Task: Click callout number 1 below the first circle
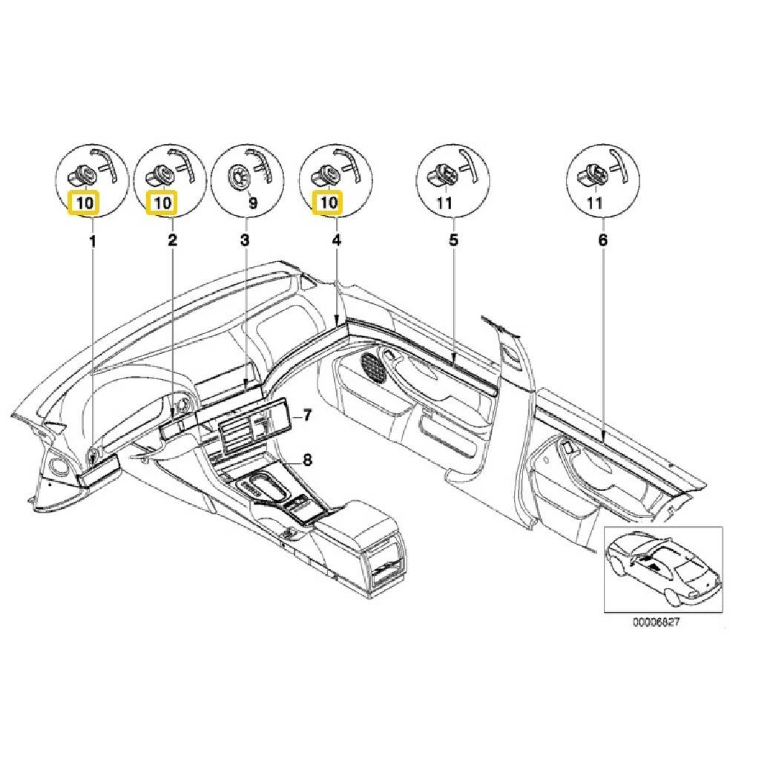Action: pyautogui.click(x=92, y=241)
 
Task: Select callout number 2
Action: pyautogui.click(x=172, y=240)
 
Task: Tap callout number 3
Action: pyautogui.click(x=245, y=240)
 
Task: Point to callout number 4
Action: pyautogui.click(x=337, y=240)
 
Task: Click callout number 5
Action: pyautogui.click(x=453, y=240)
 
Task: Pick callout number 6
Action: pyautogui.click(x=603, y=240)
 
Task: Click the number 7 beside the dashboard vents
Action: pyautogui.click(x=307, y=415)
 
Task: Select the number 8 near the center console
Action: pyautogui.click(x=307, y=460)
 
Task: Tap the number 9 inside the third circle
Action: pyautogui.click(x=253, y=203)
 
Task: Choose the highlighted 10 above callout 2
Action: pyautogui.click(x=162, y=203)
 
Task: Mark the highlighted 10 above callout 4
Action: pyautogui.click(x=329, y=203)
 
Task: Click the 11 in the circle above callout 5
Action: pyautogui.click(x=444, y=203)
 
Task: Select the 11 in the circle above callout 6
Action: pyautogui.click(x=594, y=203)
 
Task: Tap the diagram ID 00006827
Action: pyautogui.click(x=657, y=622)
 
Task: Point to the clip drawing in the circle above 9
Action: pyautogui.click(x=240, y=177)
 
